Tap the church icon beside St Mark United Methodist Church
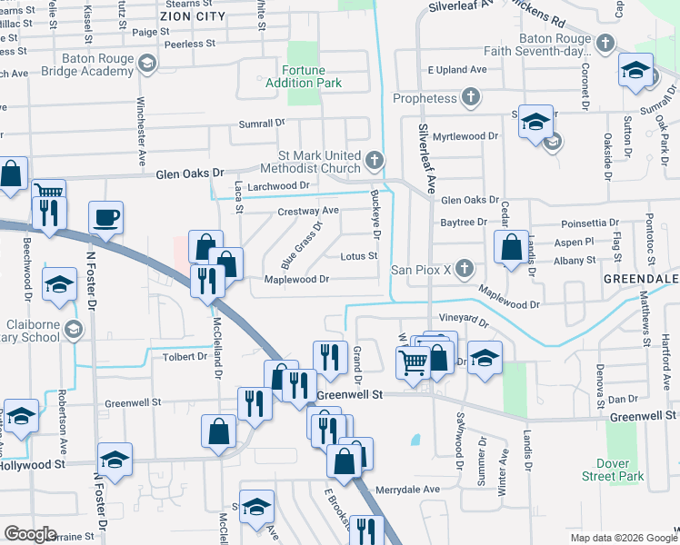[373, 161]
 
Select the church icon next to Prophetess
[470, 96]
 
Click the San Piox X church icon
[464, 269]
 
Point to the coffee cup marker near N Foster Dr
[105, 218]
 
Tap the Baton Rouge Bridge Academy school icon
[145, 64]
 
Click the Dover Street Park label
[612, 470]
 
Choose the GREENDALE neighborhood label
[647, 278]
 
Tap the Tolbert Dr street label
[185, 357]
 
